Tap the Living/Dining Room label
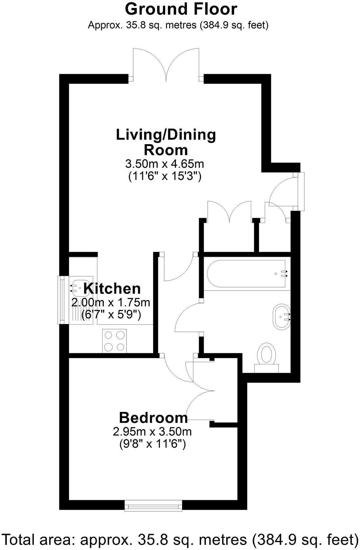tap(166, 142)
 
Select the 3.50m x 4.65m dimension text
tap(164, 164)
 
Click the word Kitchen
tap(112, 288)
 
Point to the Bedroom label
tap(153, 418)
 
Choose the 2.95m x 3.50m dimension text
tap(152, 431)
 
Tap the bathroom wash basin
tap(282, 316)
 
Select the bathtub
tap(246, 273)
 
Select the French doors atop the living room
tap(166, 65)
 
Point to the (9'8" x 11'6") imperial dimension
tap(152, 444)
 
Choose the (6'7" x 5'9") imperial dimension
tap(111, 315)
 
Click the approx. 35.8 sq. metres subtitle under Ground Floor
tap(178, 25)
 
